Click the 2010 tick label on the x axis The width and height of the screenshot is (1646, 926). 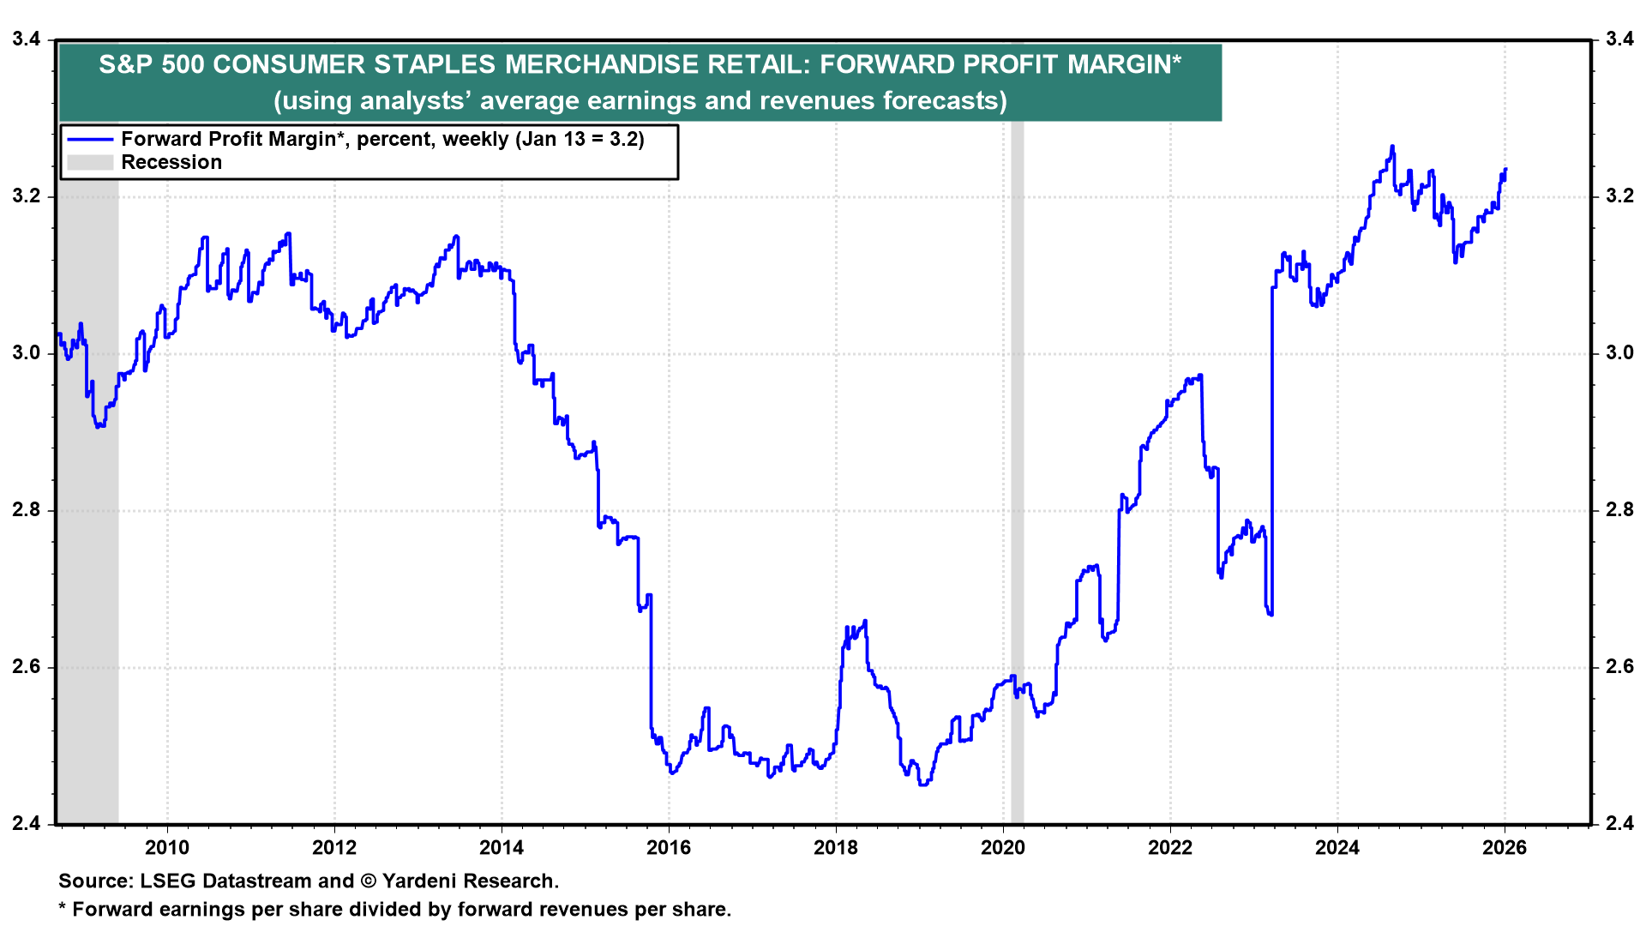coord(166,848)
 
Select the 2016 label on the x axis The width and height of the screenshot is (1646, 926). coord(668,848)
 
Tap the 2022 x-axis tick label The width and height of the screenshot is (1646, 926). coord(1169,848)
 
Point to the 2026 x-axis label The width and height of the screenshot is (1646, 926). coord(1504,848)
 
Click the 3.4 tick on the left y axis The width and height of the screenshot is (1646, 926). coord(26,39)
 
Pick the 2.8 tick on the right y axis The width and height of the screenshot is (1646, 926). coord(1619,510)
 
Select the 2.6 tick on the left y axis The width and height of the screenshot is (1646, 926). coord(26,667)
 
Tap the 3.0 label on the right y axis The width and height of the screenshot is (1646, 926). coord(1619,353)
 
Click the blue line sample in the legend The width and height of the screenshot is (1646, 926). coord(90,139)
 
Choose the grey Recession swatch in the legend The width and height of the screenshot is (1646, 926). coord(90,162)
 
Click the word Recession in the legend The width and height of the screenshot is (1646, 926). coord(171,162)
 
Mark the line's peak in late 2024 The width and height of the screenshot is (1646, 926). coord(1391,147)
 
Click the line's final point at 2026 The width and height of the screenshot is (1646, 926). coord(1505,169)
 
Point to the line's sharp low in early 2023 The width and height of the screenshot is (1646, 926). coord(1271,614)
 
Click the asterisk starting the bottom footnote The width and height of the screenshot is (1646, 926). coord(62,909)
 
